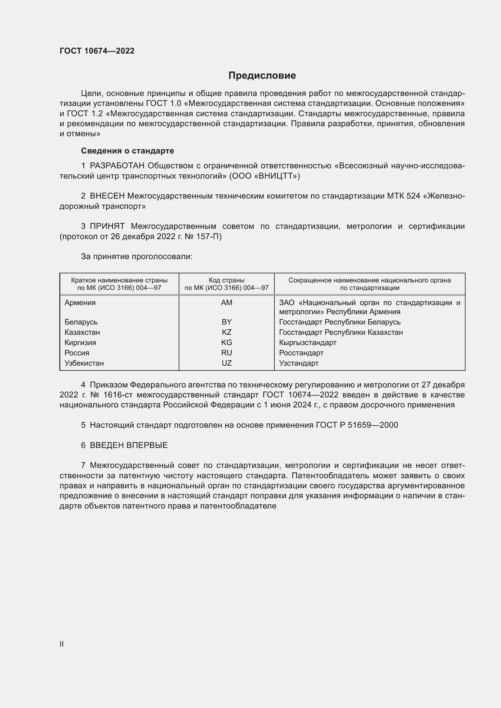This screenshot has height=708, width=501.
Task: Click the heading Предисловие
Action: pyautogui.click(x=262, y=76)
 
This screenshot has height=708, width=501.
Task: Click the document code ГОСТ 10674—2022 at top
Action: pyautogui.click(x=97, y=51)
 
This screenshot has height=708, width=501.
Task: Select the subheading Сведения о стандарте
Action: pyautogui.click(x=128, y=151)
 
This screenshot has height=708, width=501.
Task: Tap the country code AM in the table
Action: pyautogui.click(x=227, y=302)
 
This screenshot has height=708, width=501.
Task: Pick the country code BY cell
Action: pyautogui.click(x=227, y=322)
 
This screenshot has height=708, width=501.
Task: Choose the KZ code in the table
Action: pyautogui.click(x=227, y=332)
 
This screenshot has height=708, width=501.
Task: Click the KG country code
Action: pyautogui.click(x=227, y=343)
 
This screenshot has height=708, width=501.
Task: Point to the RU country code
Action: pyautogui.click(x=227, y=353)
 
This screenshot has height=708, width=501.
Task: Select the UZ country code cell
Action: pyautogui.click(x=227, y=363)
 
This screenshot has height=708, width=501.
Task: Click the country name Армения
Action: pyautogui.click(x=80, y=302)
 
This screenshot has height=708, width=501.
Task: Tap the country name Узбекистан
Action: pyautogui.click(x=84, y=363)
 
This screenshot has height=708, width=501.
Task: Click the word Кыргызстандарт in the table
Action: pyautogui.click(x=307, y=343)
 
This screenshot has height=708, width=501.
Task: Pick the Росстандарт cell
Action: pyautogui.click(x=301, y=353)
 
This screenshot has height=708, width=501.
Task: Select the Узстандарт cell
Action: pyautogui.click(x=299, y=363)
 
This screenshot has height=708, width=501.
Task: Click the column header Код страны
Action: pyautogui.click(x=227, y=280)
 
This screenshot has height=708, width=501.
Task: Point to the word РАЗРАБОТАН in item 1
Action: pyautogui.click(x=117, y=166)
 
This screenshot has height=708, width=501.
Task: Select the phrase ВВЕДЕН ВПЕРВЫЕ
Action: pyautogui.click(x=129, y=445)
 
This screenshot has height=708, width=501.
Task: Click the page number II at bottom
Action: pyautogui.click(x=62, y=644)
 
